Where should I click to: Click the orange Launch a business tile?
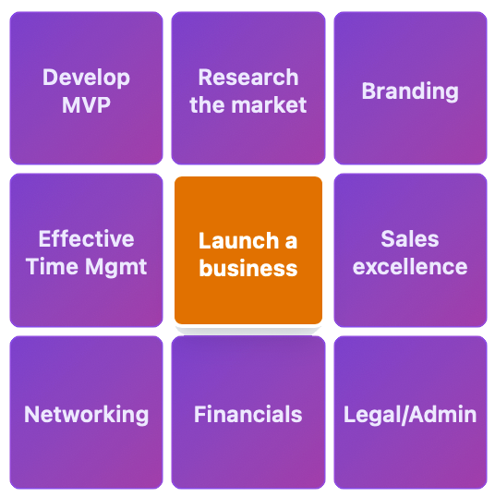point(248,250)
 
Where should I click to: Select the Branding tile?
point(410,88)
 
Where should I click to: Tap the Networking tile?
point(86,412)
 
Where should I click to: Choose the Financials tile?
point(248,412)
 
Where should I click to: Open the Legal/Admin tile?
point(410,412)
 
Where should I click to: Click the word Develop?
point(86,78)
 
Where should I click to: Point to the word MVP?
point(86,105)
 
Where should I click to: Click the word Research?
point(248,78)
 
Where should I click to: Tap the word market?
point(269,105)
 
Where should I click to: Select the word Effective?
point(86,238)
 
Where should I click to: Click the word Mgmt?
point(115,268)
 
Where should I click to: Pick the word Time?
point(52,266)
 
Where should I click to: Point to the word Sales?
point(410,238)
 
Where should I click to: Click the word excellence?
point(410,266)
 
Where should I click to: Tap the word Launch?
point(239,241)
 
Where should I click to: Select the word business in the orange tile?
point(248,269)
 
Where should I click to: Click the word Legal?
point(372,415)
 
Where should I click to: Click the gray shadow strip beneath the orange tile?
point(248,331)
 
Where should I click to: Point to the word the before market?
point(208,105)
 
